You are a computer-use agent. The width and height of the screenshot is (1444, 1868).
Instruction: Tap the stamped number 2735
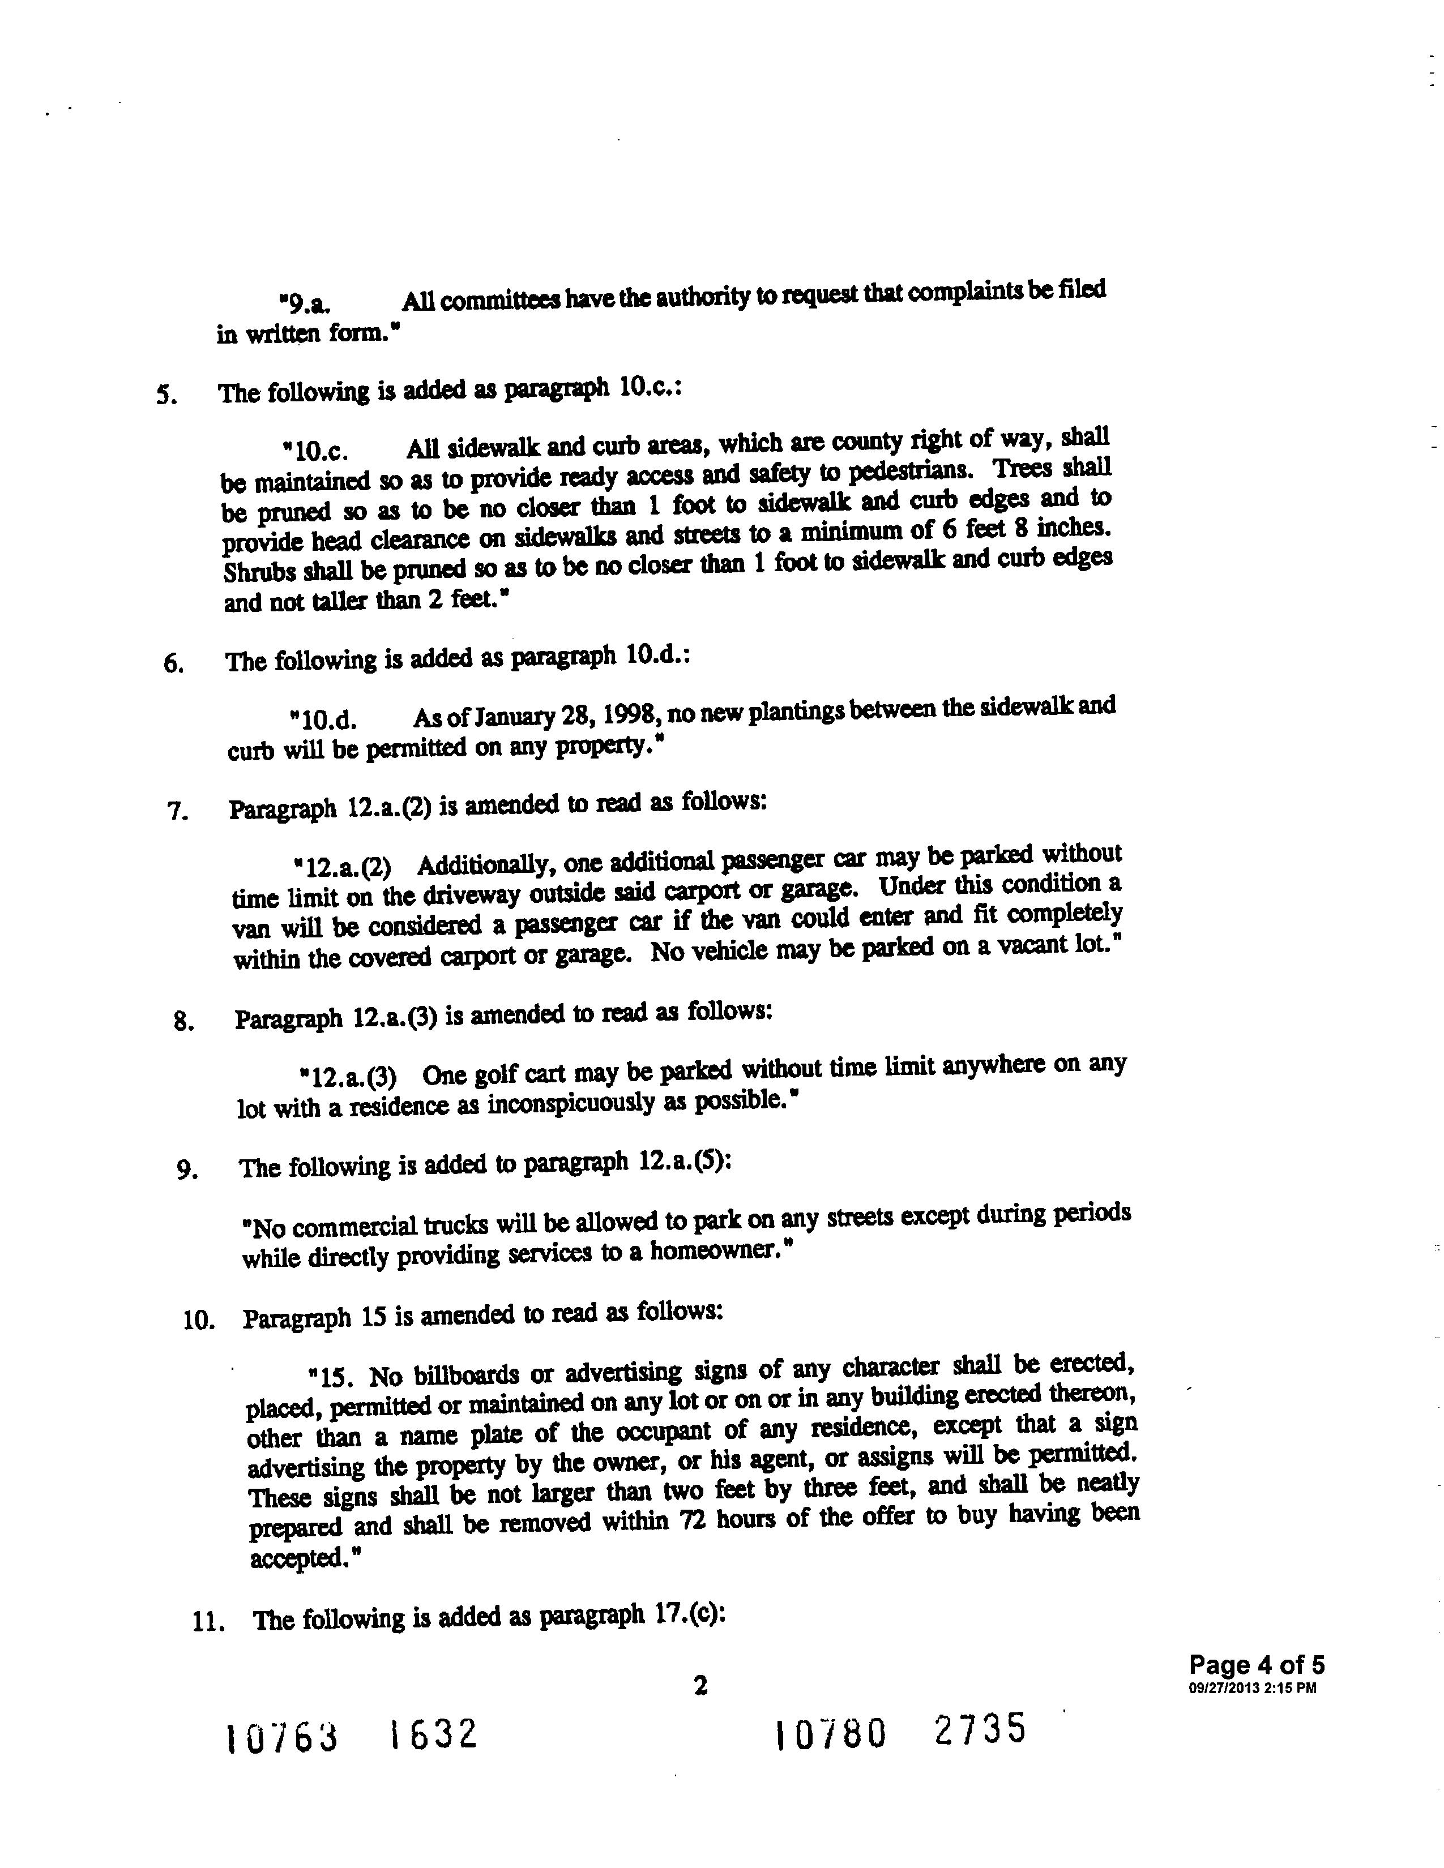point(980,1729)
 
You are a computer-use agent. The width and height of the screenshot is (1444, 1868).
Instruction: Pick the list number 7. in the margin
point(177,811)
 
